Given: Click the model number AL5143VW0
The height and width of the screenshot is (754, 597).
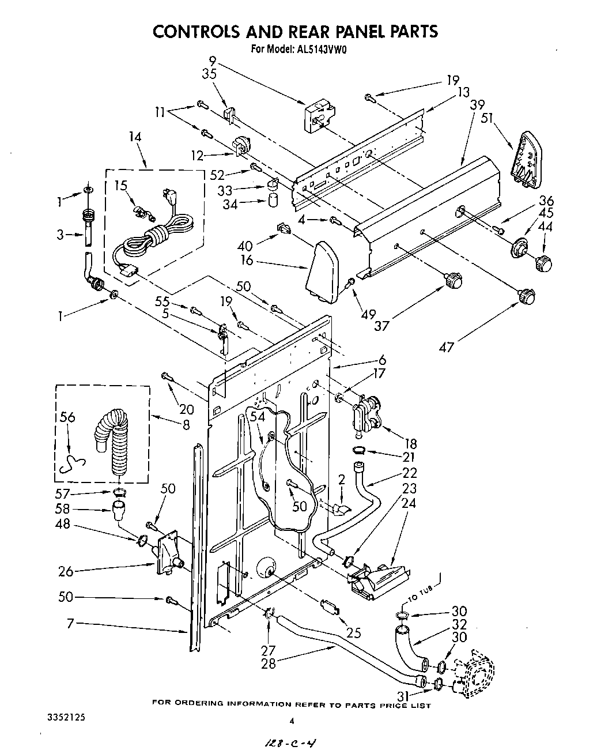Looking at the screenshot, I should pos(319,49).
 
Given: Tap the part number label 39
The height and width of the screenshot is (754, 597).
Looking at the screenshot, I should pos(477,105).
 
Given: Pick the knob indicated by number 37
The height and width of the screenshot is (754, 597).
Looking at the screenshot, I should pos(454,280).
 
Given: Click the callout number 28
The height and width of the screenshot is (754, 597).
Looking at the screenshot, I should pos(269,663).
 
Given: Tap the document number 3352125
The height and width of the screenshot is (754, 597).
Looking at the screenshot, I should pos(65,719).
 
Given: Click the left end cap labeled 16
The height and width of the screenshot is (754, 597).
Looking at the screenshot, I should pos(323,272).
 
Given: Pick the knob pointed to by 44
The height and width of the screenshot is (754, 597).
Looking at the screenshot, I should pos(543,263).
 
